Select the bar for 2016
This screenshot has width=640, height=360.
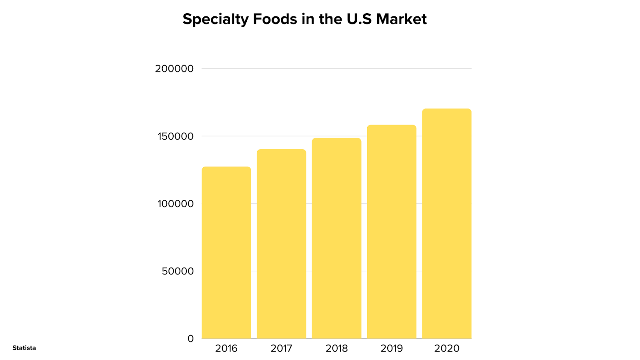tap(226, 252)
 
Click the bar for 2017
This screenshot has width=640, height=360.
tap(281, 244)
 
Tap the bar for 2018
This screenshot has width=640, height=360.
tap(336, 238)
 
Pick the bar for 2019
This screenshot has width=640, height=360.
tap(392, 232)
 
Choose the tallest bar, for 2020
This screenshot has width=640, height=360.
tap(447, 224)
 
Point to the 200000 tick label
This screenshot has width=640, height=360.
tap(174, 69)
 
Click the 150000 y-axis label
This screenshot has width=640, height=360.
tap(176, 136)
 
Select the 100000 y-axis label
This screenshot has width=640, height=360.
tap(176, 204)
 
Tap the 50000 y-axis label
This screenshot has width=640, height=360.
tap(178, 271)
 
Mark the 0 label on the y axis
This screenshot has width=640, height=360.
tap(190, 339)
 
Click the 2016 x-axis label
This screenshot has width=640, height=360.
tap(226, 348)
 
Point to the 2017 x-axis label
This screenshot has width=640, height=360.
tap(281, 348)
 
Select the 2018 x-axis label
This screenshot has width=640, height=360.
tap(336, 348)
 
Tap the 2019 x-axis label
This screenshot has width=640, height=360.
tap(392, 348)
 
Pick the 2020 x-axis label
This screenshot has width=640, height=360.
tap(447, 348)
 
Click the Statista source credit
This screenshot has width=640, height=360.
tap(24, 348)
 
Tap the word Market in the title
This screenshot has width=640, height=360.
tap(401, 19)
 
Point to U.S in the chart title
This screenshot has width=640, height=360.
tap(359, 19)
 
